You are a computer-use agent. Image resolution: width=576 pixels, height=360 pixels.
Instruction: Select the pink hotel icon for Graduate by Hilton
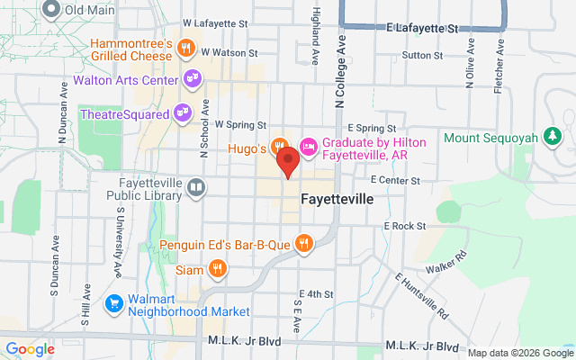[307, 146]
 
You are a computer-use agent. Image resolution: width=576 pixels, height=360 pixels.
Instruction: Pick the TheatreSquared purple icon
[182, 113]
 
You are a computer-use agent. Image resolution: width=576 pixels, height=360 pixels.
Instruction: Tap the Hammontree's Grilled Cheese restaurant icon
[186, 48]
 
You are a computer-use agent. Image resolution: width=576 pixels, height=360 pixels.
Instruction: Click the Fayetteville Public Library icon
[195, 188]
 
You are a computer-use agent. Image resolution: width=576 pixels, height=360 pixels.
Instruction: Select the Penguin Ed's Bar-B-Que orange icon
[305, 242]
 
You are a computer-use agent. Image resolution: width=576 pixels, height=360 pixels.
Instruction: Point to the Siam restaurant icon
[217, 268]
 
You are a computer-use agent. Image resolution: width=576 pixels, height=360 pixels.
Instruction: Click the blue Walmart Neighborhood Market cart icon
[114, 303]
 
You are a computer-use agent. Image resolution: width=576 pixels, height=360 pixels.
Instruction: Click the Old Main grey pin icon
[50, 10]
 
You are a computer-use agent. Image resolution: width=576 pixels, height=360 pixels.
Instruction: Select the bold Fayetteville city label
[337, 198]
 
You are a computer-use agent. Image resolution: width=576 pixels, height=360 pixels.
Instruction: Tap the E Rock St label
[404, 226]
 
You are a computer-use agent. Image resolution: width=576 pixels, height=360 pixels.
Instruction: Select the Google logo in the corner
[31, 349]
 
